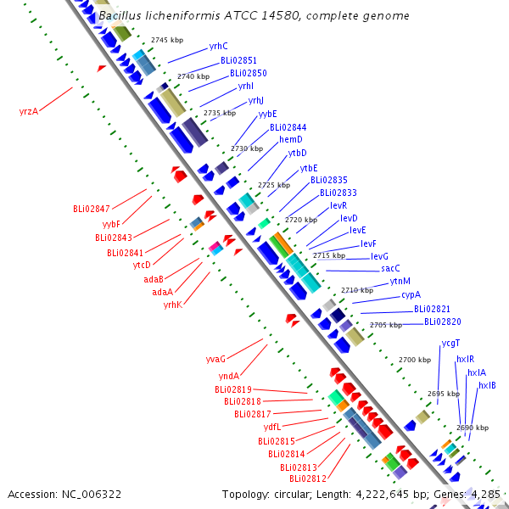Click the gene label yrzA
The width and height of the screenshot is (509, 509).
click(29, 112)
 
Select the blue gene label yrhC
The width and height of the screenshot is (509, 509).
click(219, 46)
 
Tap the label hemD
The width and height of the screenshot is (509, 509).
click(291, 139)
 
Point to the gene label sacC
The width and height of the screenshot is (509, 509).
click(390, 268)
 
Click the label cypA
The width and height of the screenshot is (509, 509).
click(411, 294)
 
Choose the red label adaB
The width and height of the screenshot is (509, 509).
click(154, 279)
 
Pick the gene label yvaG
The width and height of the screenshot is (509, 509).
click(215, 359)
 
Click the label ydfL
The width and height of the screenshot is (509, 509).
click(272, 427)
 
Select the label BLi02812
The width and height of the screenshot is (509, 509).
click(308, 478)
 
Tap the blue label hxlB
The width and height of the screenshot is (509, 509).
click(487, 385)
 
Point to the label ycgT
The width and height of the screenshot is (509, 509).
click(450, 343)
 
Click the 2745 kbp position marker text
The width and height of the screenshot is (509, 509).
click(167, 40)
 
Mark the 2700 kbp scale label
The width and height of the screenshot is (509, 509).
click(415, 360)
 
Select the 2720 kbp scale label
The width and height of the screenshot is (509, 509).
click(301, 220)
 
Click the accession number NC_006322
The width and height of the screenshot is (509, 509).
click(92, 495)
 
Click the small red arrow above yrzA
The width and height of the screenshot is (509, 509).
click(101, 68)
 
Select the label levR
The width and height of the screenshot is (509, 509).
click(338, 205)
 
